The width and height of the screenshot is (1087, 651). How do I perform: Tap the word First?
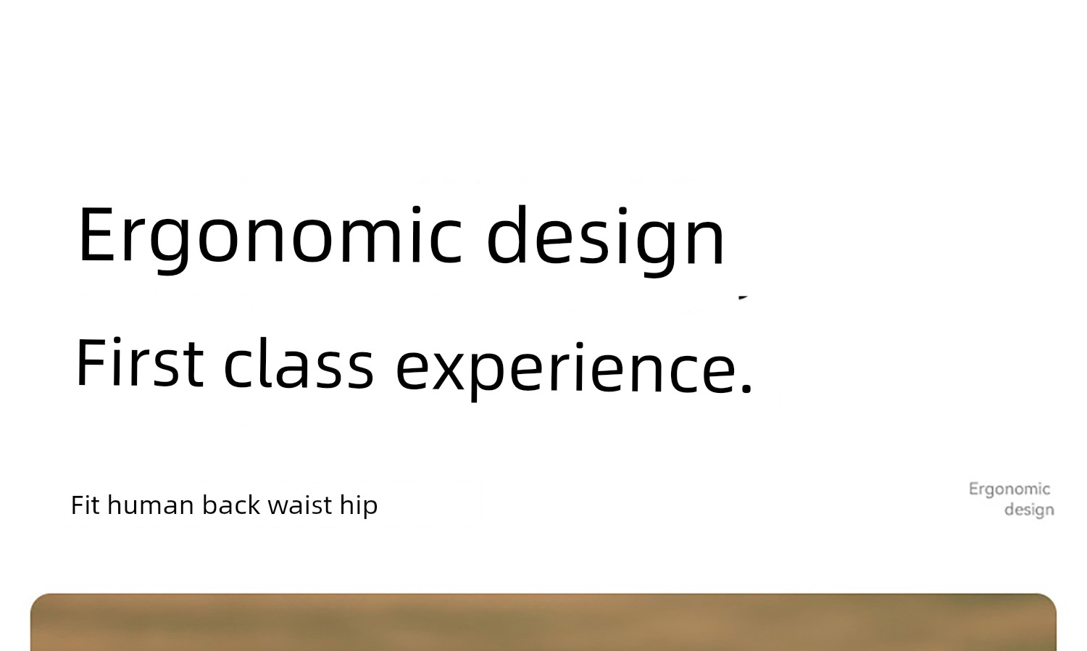140,363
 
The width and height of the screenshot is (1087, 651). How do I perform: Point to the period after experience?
747,387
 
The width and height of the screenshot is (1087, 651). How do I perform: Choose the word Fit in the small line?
86,505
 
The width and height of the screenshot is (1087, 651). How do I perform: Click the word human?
151,505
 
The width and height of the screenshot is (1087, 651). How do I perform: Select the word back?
231,505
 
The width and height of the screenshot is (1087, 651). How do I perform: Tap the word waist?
300,505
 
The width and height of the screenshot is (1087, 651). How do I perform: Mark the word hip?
359,507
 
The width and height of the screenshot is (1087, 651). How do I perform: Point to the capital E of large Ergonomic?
96,235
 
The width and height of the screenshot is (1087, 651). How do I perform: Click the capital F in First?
91,362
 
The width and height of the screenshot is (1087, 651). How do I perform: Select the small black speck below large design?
743,297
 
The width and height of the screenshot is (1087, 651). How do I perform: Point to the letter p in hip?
371,509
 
